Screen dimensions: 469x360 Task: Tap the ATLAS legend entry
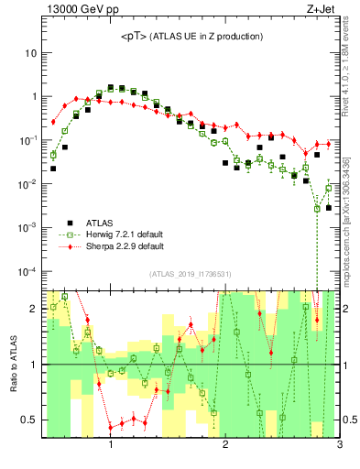click(100, 223)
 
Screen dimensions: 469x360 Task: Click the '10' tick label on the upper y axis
click(29, 53)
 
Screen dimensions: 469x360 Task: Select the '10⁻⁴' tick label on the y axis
click(27, 271)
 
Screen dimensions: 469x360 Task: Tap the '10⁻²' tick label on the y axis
click(27, 183)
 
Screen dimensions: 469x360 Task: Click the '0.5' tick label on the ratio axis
click(28, 420)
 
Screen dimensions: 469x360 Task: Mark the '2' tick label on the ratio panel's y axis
click(33, 309)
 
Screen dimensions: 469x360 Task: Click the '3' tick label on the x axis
click(339, 446)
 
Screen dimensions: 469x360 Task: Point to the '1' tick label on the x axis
click(111, 446)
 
